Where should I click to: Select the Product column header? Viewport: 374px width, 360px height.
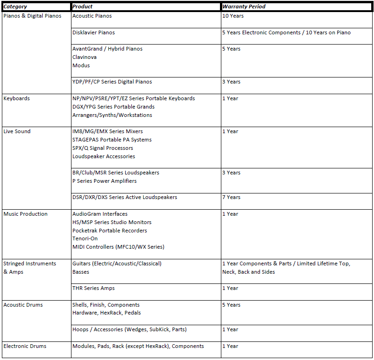coord(83,6)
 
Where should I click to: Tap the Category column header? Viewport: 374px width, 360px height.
coord(15,6)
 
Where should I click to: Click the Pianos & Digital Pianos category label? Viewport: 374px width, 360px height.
coord(32,16)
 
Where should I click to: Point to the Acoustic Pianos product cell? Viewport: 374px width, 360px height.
coord(92,16)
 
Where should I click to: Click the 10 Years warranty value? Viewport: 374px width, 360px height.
coord(232,16)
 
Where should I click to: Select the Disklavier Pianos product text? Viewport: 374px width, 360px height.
coord(93,32)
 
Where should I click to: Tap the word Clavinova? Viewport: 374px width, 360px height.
coord(84,57)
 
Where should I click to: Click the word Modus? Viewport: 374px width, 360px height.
coord(81,65)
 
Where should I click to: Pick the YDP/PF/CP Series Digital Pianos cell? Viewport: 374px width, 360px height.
coord(112,82)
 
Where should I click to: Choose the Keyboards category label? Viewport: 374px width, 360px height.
coord(16,98)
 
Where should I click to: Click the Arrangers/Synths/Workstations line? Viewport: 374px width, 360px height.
coord(112,115)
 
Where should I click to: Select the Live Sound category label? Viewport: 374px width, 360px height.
coord(17,131)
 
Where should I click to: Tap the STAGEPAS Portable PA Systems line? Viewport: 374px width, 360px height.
coord(112,140)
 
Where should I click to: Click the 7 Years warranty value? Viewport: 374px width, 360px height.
coord(231,197)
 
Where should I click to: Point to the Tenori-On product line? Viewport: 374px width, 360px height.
coord(85,238)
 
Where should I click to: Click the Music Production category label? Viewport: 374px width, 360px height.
coord(25,214)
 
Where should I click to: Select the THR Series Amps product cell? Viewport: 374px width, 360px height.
coord(93,288)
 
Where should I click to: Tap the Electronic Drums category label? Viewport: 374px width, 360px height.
coord(25,346)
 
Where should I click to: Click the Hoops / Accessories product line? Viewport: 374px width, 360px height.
coord(129,329)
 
